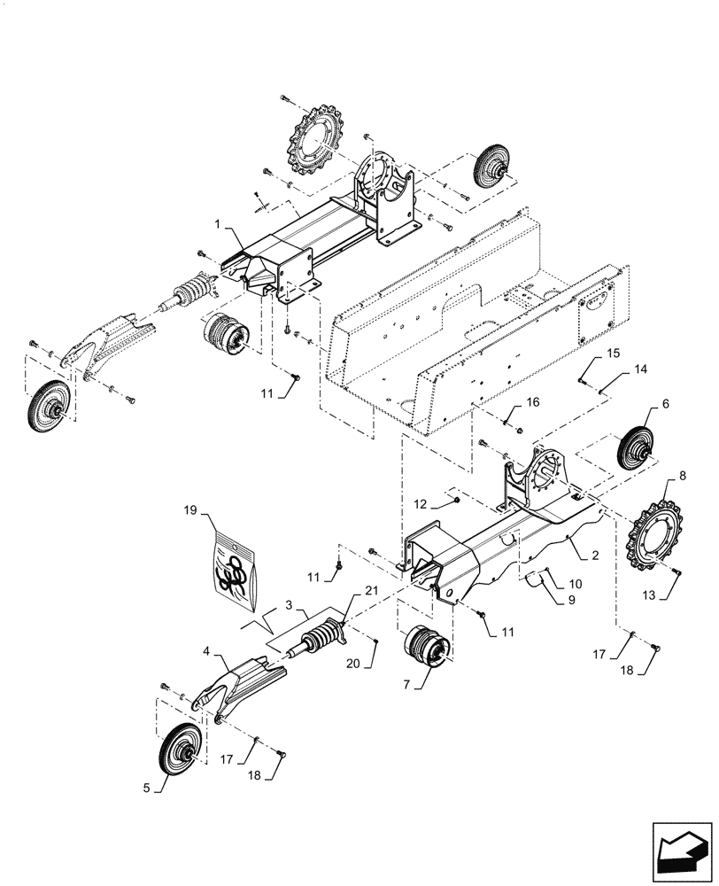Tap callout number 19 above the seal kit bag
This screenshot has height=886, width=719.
coord(189,512)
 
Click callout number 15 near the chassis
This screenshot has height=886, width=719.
coord(613,354)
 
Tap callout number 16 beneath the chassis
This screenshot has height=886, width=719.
coord(532,403)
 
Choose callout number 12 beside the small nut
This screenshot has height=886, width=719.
coord(422,503)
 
